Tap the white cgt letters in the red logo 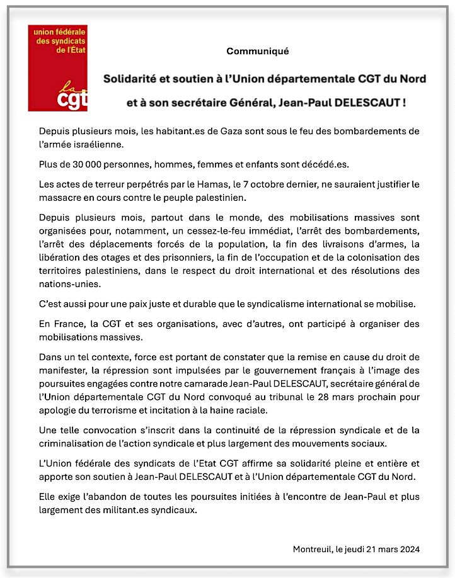pyautogui.click(x=71, y=99)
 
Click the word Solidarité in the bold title pyautogui.click(x=131, y=79)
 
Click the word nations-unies pyautogui.click(x=68, y=284)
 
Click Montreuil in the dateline pyautogui.click(x=313, y=549)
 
